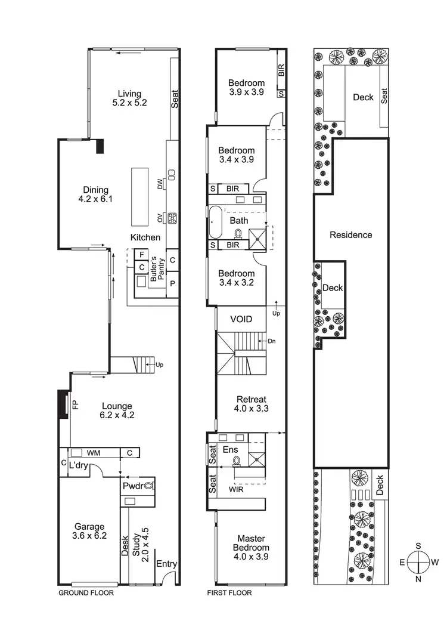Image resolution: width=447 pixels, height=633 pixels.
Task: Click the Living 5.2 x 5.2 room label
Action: [x=129, y=98]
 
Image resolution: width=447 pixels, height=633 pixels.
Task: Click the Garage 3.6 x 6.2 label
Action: [x=89, y=532]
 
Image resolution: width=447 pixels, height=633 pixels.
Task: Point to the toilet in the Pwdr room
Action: [x=148, y=486]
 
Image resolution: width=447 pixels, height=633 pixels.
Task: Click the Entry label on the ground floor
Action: [x=166, y=563]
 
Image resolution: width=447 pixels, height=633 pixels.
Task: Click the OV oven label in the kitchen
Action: [x=160, y=217]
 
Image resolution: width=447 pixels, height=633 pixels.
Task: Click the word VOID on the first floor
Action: [x=241, y=320]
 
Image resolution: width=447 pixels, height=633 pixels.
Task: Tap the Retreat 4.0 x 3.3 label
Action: [x=251, y=404]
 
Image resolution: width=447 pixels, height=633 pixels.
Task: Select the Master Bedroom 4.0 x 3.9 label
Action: [x=251, y=547]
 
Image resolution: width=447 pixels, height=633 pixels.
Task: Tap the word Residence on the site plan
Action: [x=351, y=235]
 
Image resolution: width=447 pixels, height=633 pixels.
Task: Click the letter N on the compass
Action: [x=419, y=579]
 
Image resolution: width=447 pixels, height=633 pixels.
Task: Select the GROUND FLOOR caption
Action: [x=86, y=593]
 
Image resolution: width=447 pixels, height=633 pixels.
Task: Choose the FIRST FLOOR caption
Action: [x=229, y=593]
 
